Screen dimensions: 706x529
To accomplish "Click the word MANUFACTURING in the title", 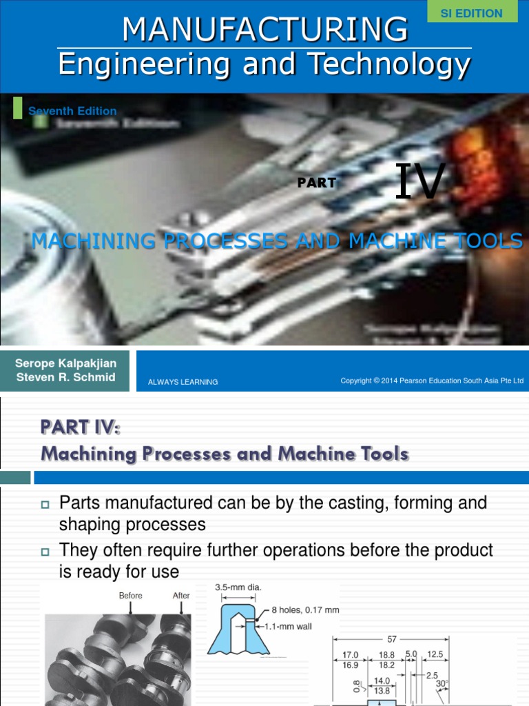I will click(x=264, y=29).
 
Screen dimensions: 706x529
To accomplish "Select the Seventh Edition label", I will click(x=72, y=111).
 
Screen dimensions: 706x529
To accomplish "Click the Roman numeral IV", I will click(x=421, y=183).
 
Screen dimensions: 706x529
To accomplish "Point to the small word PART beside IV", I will click(x=317, y=183).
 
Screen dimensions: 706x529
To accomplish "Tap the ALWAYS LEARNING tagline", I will click(x=183, y=382).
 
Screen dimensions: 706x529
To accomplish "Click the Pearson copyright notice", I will click(x=432, y=381).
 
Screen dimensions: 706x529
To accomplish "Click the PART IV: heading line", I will click(x=81, y=428).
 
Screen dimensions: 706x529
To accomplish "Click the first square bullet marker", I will click(x=46, y=505).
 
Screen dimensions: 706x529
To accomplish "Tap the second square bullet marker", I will click(x=46, y=552).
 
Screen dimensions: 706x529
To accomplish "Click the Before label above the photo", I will click(x=131, y=596).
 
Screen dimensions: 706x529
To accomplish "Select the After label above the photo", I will click(x=181, y=596).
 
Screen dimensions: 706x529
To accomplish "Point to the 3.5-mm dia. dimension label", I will click(x=239, y=587).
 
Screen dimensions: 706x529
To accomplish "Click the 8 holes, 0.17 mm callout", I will click(x=306, y=610).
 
